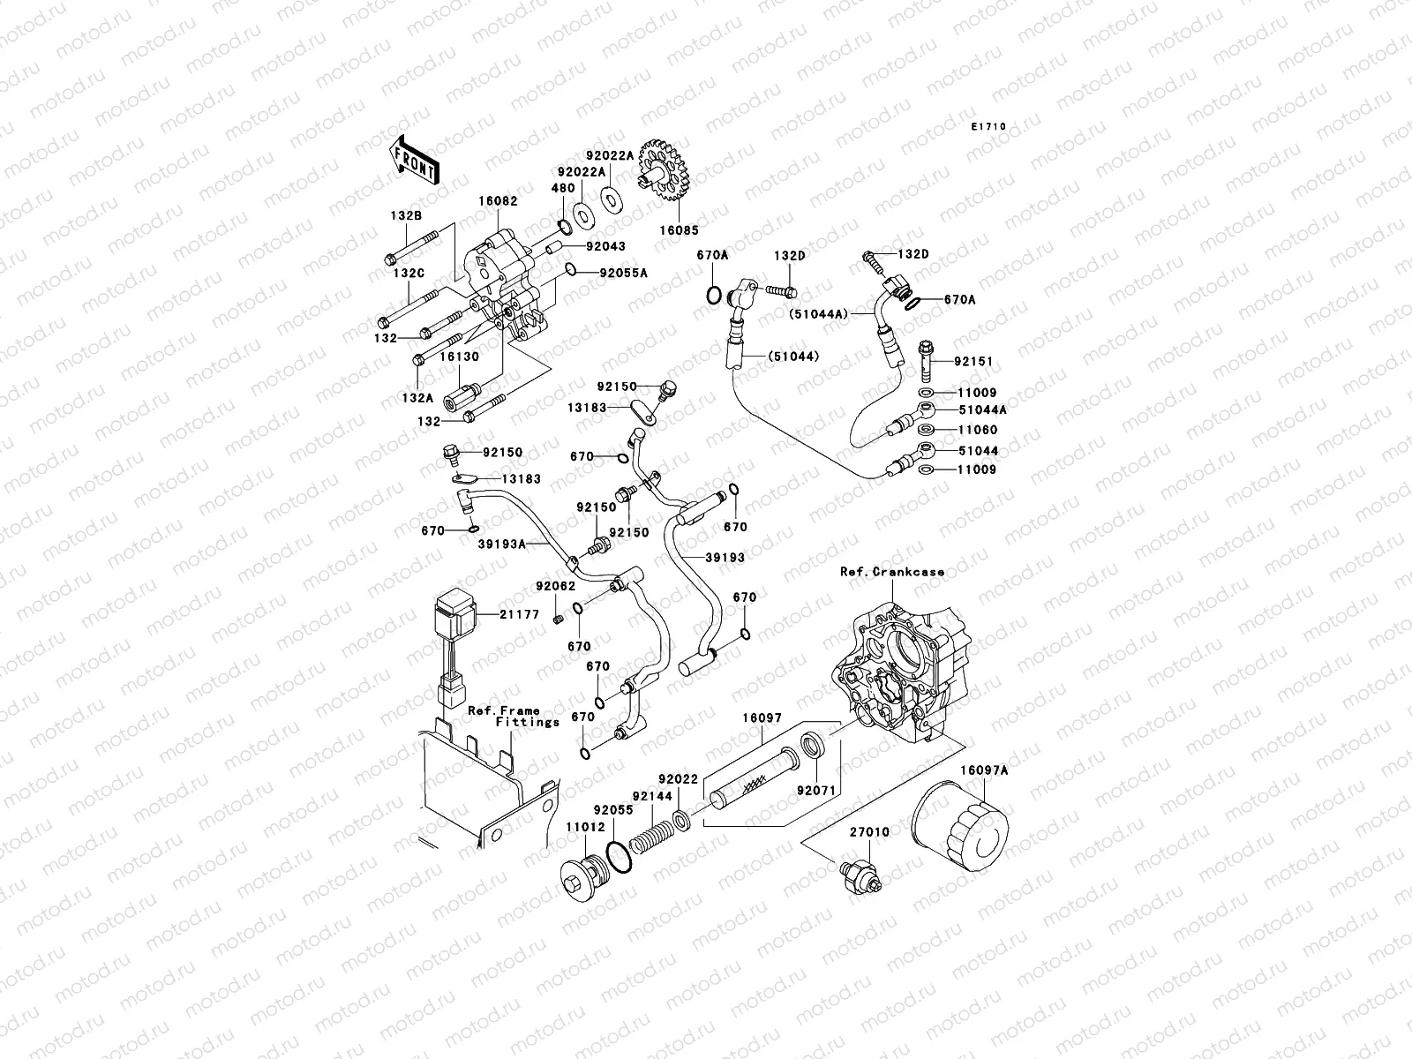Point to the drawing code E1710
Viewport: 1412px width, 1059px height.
coord(988,127)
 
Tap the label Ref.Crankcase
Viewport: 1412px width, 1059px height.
coord(891,572)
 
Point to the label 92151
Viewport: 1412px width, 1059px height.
coord(973,362)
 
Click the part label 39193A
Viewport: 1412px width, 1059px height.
coord(501,545)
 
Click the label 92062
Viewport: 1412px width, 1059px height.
coord(554,586)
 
